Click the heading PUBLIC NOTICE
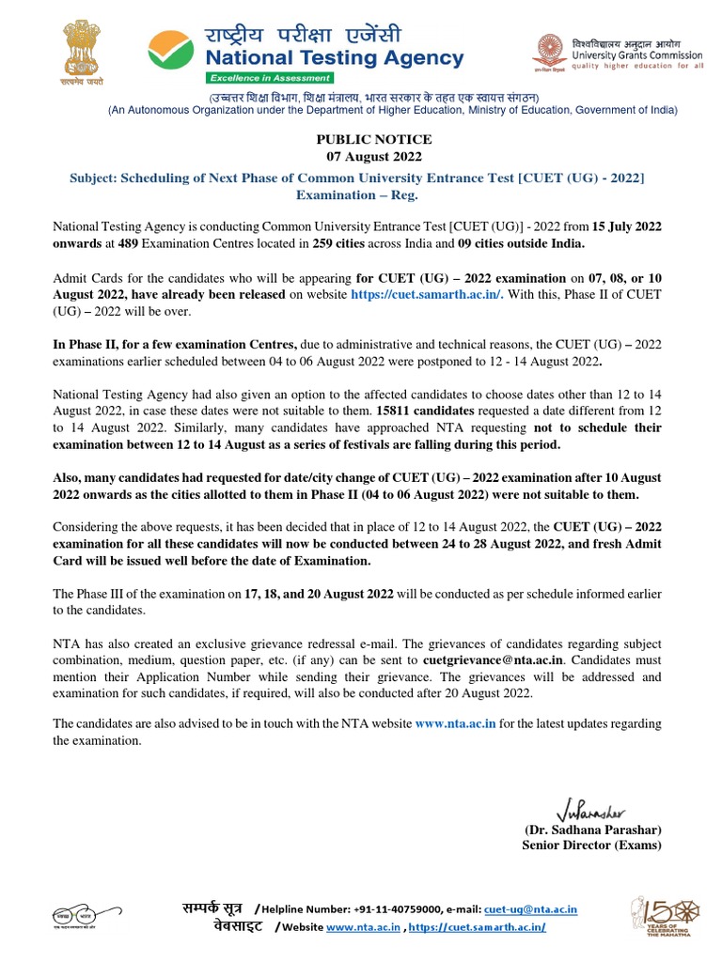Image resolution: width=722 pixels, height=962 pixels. coord(373,139)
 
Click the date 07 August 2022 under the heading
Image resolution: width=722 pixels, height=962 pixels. coord(373,156)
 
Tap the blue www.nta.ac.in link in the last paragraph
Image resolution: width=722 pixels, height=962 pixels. coord(455,723)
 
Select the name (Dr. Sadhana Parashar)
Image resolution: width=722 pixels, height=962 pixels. coord(592,830)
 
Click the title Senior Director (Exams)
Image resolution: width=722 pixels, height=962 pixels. coord(591,846)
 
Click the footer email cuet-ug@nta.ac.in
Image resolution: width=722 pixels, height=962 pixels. coord(530,909)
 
